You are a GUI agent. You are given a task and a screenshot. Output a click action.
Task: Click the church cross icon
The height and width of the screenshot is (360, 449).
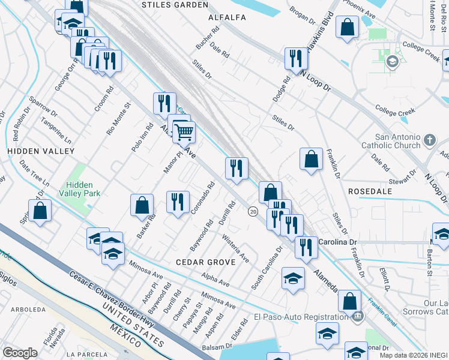pyautogui.click(x=429, y=140)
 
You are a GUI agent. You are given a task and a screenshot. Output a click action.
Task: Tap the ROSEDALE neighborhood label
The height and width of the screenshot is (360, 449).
pyautogui.click(x=370, y=191)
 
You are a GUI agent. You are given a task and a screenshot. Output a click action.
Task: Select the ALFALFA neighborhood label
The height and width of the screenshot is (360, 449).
pyautogui.click(x=227, y=18)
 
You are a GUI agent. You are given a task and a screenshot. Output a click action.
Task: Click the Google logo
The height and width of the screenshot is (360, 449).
pyautogui.click(x=20, y=353)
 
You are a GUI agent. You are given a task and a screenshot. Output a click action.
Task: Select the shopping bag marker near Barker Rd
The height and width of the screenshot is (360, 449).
pyautogui.click(x=142, y=205)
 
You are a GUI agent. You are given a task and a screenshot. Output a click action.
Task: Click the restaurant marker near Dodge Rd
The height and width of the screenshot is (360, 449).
pyautogui.click(x=295, y=58)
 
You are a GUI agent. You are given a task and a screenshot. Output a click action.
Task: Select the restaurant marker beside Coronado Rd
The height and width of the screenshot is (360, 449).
pyautogui.click(x=178, y=202)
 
